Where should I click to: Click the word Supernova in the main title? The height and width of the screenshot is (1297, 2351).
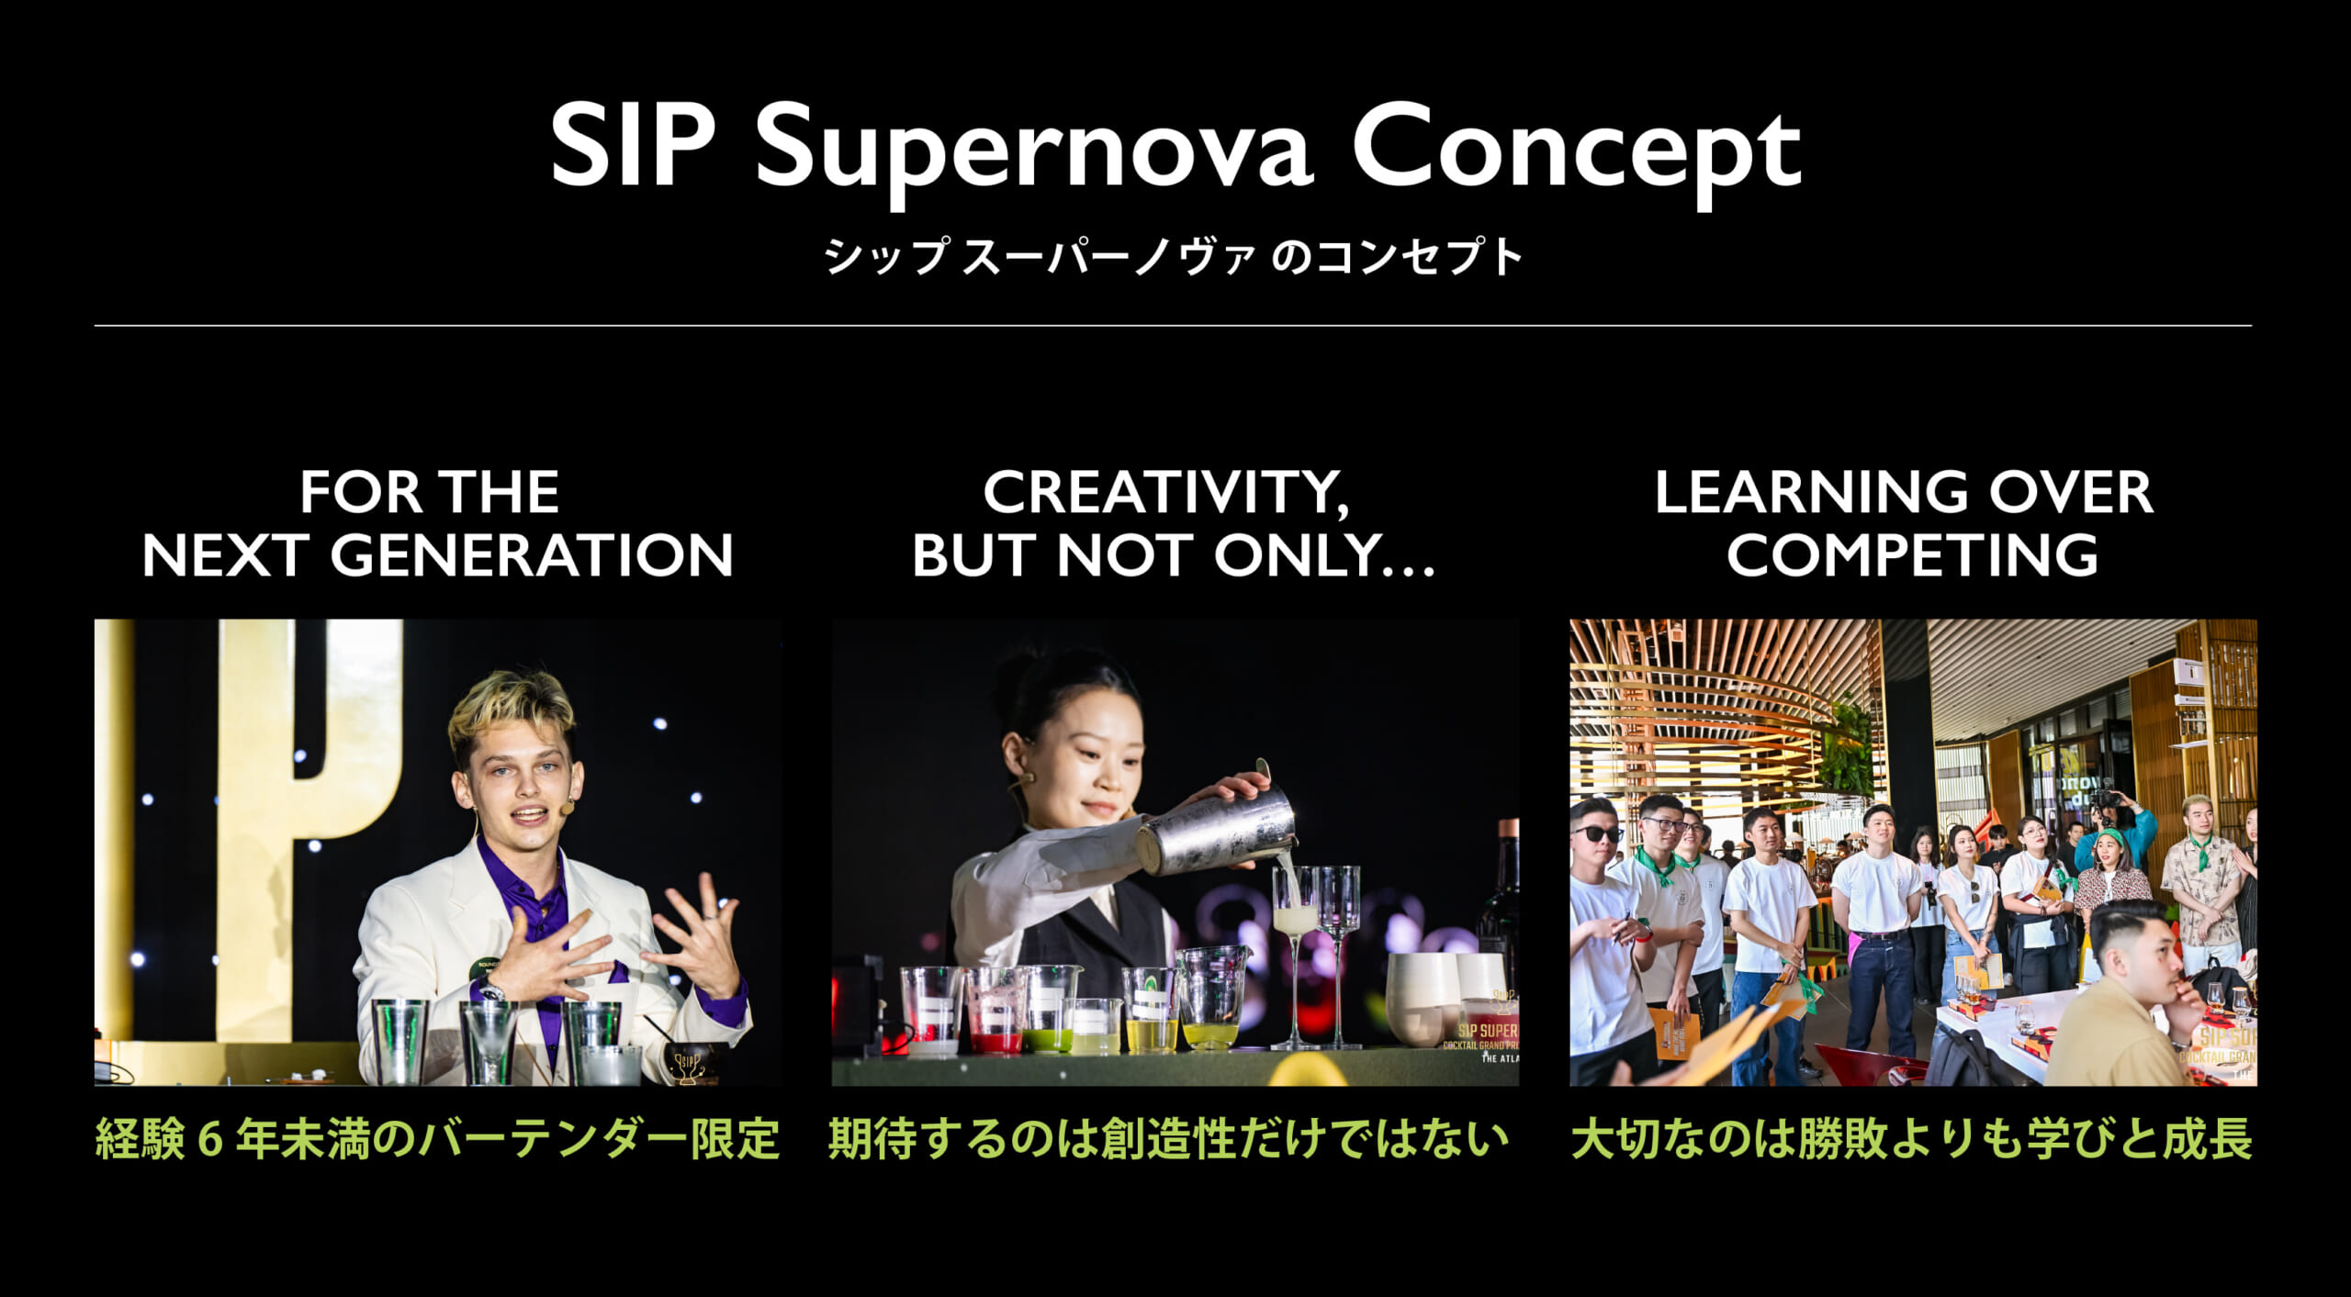(x=1034, y=151)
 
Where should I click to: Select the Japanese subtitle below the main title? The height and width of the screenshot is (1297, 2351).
(x=1174, y=256)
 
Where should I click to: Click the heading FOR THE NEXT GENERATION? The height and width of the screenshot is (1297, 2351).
(x=437, y=523)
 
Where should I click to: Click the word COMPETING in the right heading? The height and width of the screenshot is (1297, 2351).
(x=1912, y=555)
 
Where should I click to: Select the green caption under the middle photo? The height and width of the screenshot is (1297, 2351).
(x=1168, y=1140)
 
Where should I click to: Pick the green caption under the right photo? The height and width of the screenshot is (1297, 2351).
(x=1912, y=1140)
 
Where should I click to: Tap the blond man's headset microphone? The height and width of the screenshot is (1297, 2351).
(x=567, y=808)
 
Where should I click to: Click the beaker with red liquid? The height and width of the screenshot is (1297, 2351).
(x=995, y=1010)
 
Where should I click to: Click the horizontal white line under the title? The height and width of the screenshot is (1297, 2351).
(x=1173, y=325)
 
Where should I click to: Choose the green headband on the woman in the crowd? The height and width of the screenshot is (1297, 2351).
(x=2109, y=836)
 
